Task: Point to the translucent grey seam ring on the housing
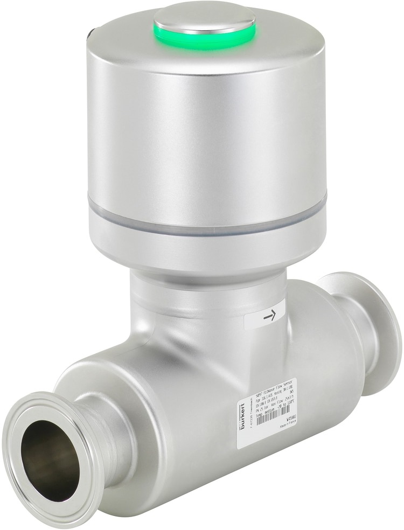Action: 207,221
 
